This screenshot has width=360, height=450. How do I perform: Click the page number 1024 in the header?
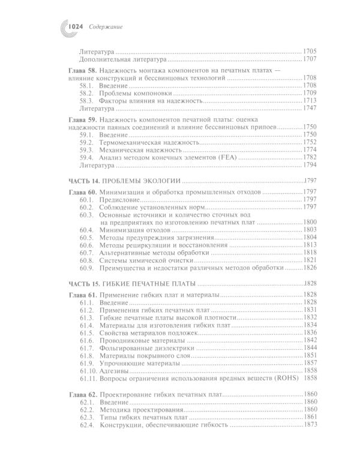[76, 26]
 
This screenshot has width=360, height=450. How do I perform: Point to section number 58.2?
[88, 94]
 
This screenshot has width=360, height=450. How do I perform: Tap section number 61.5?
[88, 332]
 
